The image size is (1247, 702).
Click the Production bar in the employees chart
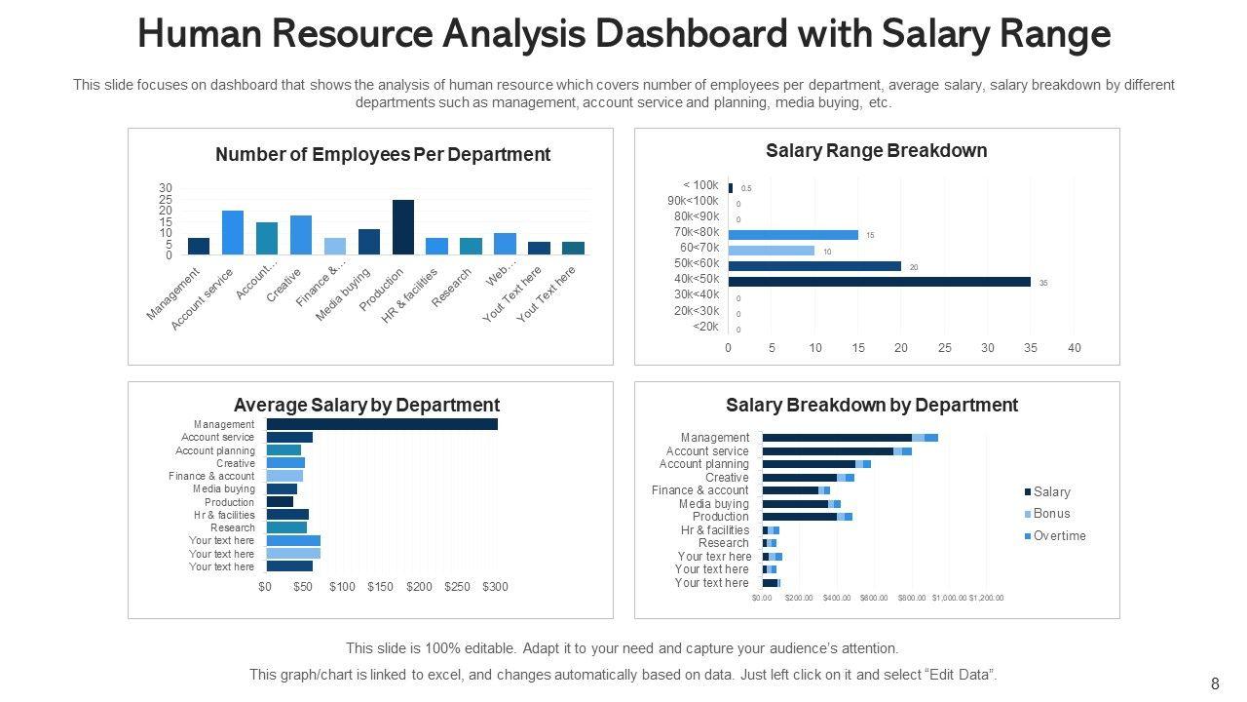pyautogui.click(x=403, y=227)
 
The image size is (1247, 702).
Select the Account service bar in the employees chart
pyautogui.click(x=233, y=233)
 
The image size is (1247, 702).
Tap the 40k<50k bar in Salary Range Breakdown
pyautogui.click(x=879, y=282)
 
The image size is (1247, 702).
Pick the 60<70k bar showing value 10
pyautogui.click(x=771, y=251)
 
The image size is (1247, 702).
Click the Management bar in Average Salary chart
pyautogui.click(x=382, y=424)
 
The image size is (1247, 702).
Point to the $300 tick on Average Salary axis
pyautogui.click(x=496, y=587)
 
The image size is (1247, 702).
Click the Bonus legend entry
pyautogui.click(x=1051, y=514)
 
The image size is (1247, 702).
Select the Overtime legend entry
pyautogui.click(x=1059, y=536)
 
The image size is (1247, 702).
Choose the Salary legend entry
pyautogui.click(x=1051, y=492)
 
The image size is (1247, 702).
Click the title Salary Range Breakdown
pyautogui.click(x=876, y=151)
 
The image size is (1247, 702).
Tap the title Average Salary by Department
pyautogui.click(x=366, y=405)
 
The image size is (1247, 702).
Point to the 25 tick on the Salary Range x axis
pyautogui.click(x=944, y=348)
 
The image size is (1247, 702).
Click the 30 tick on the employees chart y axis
pyautogui.click(x=166, y=188)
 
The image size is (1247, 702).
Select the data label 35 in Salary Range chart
pyautogui.click(x=1043, y=283)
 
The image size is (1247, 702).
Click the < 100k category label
pyautogui.click(x=700, y=185)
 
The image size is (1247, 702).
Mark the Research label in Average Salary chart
pyautogui.click(x=232, y=527)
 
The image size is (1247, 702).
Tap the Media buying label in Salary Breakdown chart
pyautogui.click(x=713, y=504)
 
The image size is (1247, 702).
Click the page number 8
pyautogui.click(x=1215, y=684)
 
